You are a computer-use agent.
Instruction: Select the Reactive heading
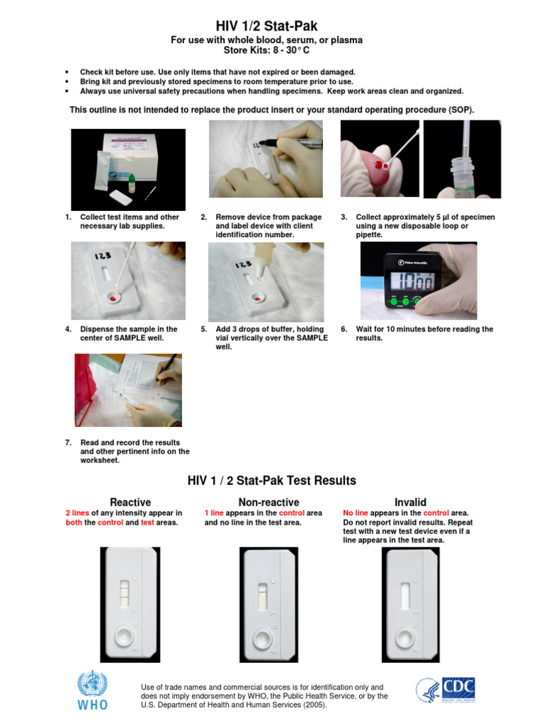point(130,502)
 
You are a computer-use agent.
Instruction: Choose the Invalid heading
point(410,502)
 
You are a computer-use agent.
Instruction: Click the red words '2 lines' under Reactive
point(77,513)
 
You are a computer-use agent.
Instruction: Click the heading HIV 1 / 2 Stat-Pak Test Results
point(271,481)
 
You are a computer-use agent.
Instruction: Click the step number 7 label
point(68,443)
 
